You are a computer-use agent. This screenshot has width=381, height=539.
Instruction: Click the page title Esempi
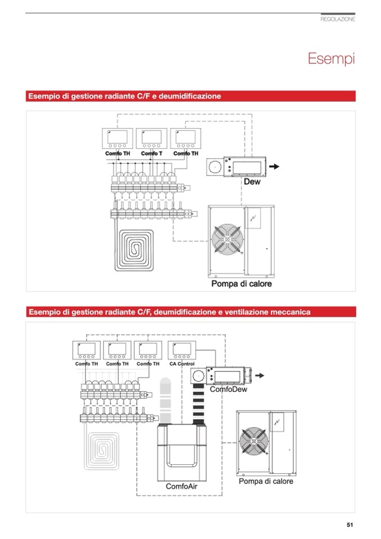(331, 58)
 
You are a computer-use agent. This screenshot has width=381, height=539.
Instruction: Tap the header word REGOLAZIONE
(337, 19)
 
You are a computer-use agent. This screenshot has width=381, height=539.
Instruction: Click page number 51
(350, 525)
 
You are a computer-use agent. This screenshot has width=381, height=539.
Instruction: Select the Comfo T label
(151, 153)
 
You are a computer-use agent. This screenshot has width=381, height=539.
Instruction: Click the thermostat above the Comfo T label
(151, 138)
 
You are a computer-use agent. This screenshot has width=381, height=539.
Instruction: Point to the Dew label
(252, 182)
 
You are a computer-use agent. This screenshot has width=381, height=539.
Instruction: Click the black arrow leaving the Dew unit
(274, 167)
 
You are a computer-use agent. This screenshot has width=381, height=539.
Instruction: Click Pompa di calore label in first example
(241, 284)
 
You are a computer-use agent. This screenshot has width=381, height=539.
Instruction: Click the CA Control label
(182, 364)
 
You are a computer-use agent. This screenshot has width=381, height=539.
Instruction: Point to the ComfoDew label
(228, 389)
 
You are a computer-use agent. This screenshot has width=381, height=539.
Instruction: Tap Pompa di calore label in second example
(266, 481)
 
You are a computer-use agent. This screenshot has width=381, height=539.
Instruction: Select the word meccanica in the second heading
(288, 311)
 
